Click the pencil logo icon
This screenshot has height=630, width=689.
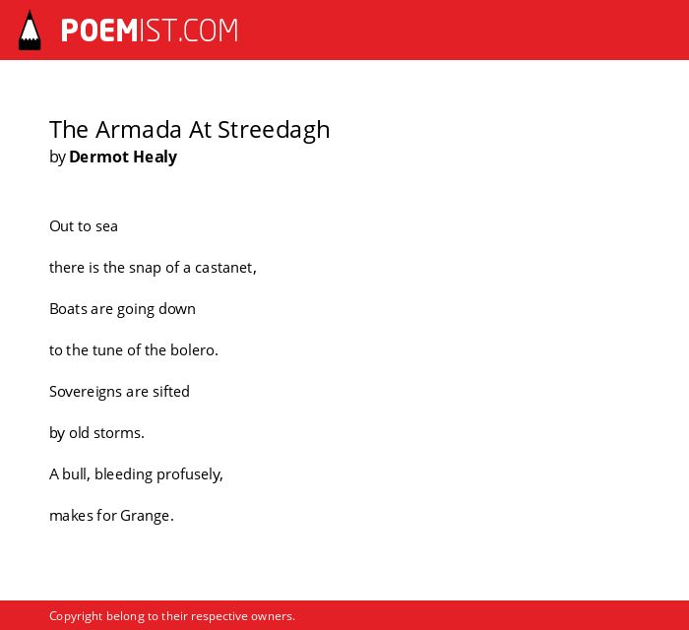click(x=30, y=31)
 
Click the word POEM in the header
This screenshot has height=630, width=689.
click(x=99, y=31)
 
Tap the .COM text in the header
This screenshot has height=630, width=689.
click(x=209, y=31)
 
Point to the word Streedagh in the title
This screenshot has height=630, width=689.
click(x=274, y=131)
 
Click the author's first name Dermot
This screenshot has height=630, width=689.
click(x=98, y=157)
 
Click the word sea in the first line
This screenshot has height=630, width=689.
click(x=106, y=226)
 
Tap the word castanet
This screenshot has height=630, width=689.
click(x=225, y=268)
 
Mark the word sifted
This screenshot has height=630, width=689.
click(x=171, y=392)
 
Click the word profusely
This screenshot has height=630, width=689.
click(x=190, y=474)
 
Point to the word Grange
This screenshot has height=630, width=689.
click(x=147, y=516)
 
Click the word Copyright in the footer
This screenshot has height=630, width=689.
click(x=76, y=616)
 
